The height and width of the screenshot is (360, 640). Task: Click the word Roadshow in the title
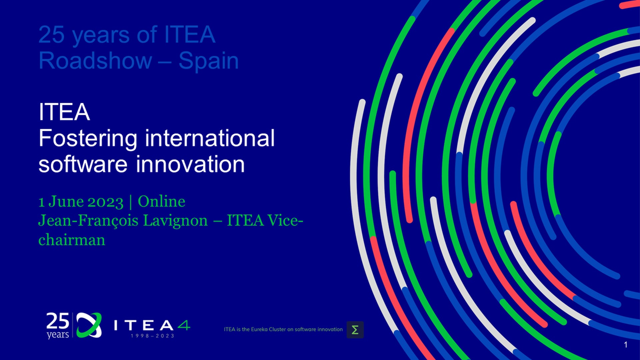tap(95, 61)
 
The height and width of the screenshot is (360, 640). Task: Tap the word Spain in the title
tap(209, 61)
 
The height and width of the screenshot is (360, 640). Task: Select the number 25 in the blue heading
tap(52, 35)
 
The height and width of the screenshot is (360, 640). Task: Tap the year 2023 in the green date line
tap(105, 202)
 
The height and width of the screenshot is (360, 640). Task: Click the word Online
tap(161, 202)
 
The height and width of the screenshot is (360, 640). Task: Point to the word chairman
tap(72, 240)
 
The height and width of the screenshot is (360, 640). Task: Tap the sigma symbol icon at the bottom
tap(355, 330)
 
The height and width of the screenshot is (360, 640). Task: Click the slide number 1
tap(626, 345)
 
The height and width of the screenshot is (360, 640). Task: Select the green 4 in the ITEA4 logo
tap(184, 325)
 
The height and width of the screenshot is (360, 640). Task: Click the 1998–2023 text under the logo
tap(152, 336)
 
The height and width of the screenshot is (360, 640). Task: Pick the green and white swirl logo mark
tap(89, 325)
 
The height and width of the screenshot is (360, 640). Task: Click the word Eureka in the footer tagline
tap(259, 329)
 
